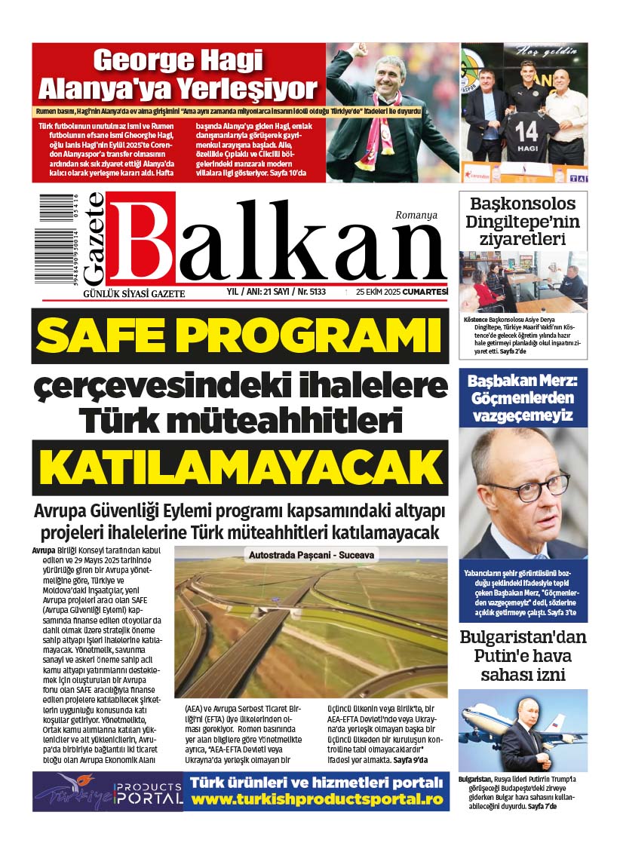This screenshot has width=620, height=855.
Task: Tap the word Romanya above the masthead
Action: coord(416,215)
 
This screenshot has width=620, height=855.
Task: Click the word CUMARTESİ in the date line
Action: coord(425,292)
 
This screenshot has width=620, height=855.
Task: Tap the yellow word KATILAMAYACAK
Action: coord(240,467)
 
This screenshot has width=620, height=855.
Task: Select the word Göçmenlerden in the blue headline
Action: coord(523,397)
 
